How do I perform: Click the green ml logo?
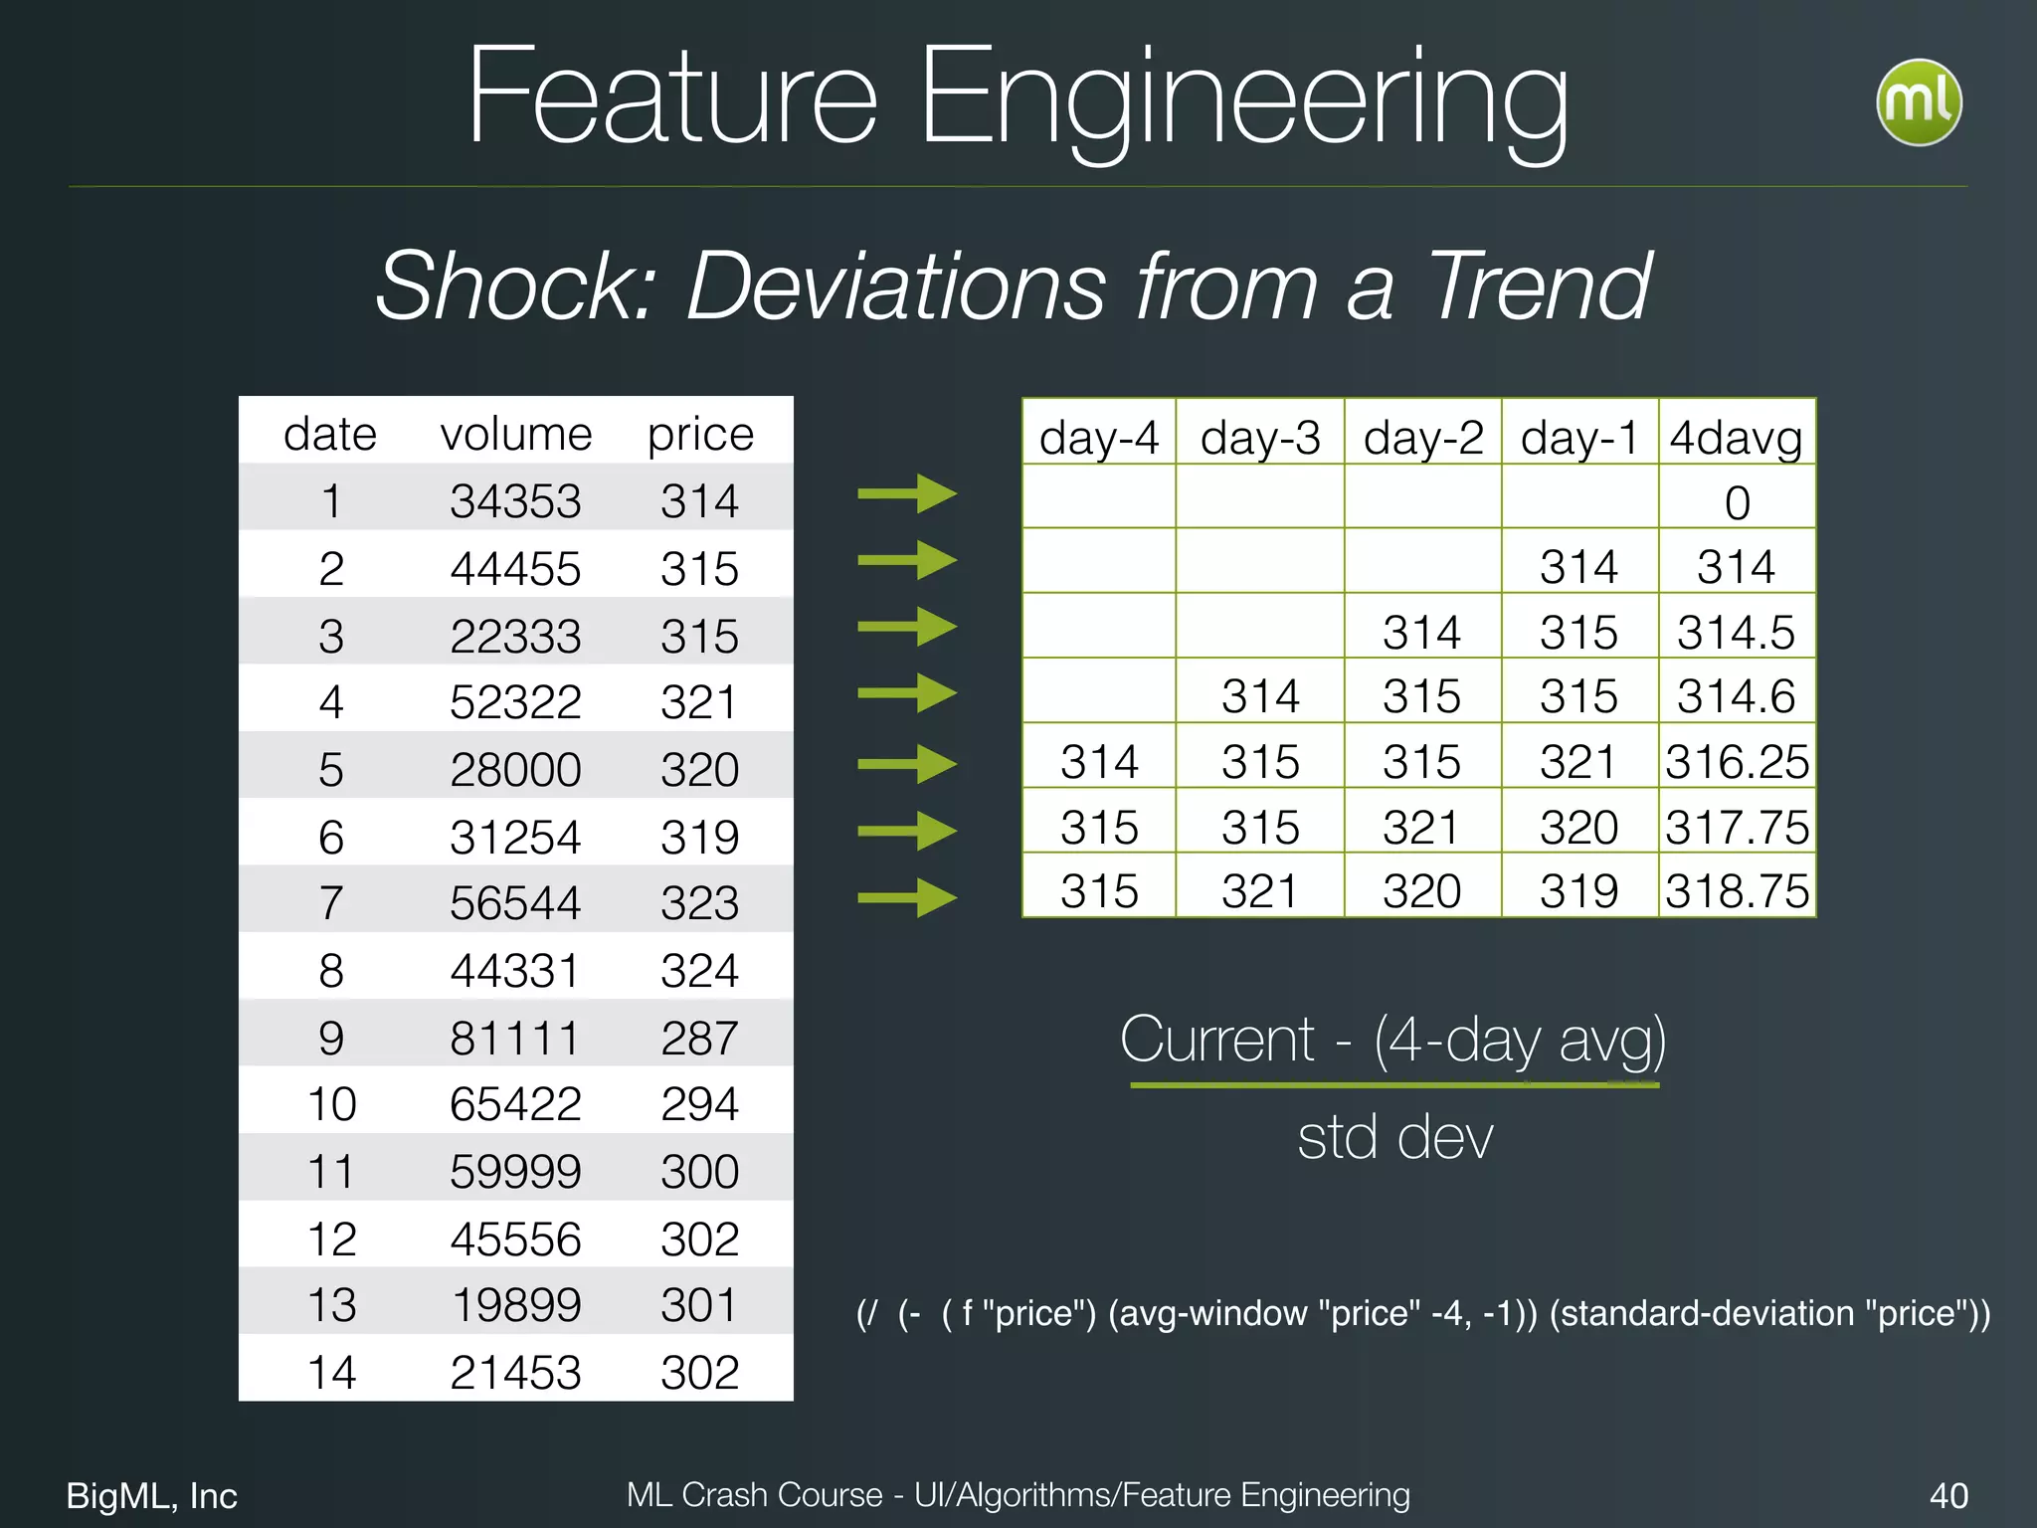pos(1919,102)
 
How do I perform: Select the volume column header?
pos(516,434)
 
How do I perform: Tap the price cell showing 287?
pos(699,1038)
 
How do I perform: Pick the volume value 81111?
pos(514,1038)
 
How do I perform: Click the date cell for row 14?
pos(331,1373)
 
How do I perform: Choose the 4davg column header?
pos(1736,437)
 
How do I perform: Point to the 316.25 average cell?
pos(1737,762)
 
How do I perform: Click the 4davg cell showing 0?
pos(1737,502)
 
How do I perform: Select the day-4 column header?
pos(1099,437)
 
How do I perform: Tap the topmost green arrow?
pos(906,493)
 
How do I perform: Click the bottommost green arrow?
pos(906,897)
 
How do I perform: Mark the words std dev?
pos(1394,1137)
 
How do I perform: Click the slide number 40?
pos(1947,1495)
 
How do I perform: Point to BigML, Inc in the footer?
pos(152,1495)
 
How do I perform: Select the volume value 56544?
pos(514,903)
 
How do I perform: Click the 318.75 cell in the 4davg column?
pos(1737,891)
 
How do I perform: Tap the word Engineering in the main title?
pos(1242,99)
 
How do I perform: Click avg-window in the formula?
pos(1209,1313)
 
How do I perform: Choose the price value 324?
pos(699,971)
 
